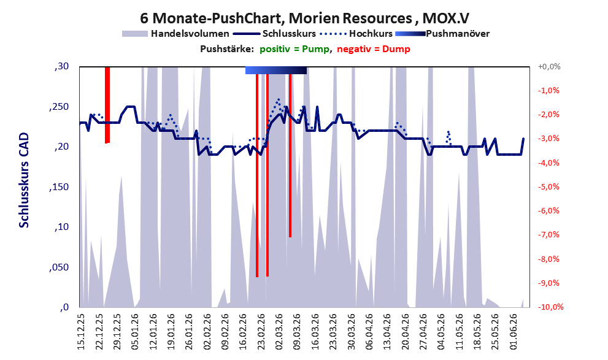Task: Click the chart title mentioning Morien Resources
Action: pyautogui.click(x=304, y=18)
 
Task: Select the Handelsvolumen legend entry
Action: pyautogui.click(x=175, y=34)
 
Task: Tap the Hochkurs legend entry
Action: pyautogui.click(x=356, y=34)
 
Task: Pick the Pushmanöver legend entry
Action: pyautogui.click(x=442, y=34)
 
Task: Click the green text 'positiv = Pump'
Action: pyautogui.click(x=294, y=49)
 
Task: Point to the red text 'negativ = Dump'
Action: pyautogui.click(x=374, y=49)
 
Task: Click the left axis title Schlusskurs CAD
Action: pyautogui.click(x=24, y=180)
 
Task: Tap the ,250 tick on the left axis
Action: pyautogui.click(x=59, y=107)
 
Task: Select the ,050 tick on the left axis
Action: pyautogui.click(x=59, y=267)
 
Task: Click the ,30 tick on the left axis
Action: pyautogui.click(x=61, y=67)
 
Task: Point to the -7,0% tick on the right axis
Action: pyautogui.click(x=548, y=235)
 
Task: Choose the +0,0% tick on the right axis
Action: pyautogui.click(x=549, y=67)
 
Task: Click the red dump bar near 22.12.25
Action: pyautogui.click(x=107, y=105)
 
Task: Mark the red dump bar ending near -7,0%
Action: pyautogui.click(x=290, y=152)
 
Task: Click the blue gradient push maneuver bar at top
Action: pyautogui.click(x=276, y=70)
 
